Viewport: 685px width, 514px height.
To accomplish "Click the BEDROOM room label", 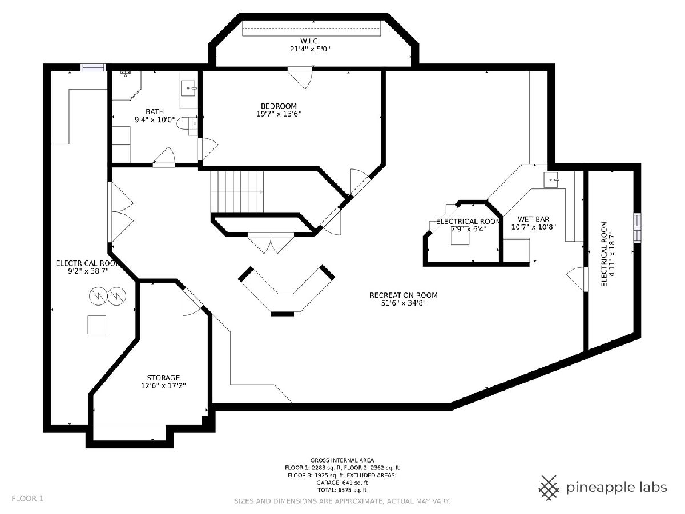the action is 279,106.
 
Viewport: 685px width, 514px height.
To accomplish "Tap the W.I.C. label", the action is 310,41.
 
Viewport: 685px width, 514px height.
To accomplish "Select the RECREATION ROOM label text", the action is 403,295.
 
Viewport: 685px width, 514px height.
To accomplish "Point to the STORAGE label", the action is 163,378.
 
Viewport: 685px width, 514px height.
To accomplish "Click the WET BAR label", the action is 534,219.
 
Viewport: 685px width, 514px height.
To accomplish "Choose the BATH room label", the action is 155,112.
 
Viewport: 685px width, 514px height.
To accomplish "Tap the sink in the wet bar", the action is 551,180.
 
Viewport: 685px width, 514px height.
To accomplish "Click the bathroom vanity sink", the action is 188,89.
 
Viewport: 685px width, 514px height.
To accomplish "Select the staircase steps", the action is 237,192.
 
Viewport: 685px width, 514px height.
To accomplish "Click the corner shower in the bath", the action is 127,86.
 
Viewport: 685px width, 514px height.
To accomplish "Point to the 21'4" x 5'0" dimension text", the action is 310,49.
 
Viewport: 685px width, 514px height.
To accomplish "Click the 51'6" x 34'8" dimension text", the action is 403,303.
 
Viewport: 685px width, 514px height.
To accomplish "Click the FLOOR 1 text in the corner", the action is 27,499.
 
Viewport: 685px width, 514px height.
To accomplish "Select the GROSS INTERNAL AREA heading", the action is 342,460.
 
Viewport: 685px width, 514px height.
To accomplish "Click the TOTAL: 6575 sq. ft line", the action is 342,490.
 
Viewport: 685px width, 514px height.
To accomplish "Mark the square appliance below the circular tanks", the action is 96,324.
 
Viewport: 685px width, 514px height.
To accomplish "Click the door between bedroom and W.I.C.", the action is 300,78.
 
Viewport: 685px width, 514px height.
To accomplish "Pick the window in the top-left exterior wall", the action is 92,67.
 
